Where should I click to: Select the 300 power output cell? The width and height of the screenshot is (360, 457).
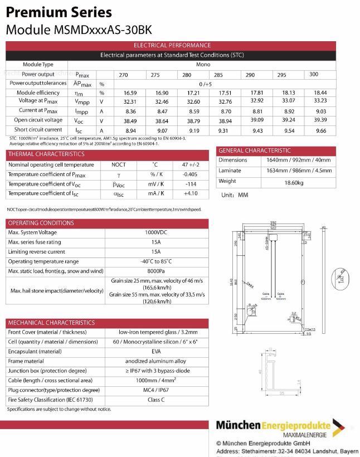click(314, 74)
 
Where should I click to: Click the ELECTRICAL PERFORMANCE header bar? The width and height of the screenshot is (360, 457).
click(172, 45)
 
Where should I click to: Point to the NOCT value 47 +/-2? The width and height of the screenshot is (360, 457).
click(190, 165)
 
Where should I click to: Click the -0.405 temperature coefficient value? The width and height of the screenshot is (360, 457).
click(190, 174)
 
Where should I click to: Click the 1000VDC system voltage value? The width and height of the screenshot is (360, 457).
click(157, 232)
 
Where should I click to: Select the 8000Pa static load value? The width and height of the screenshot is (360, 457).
click(157, 271)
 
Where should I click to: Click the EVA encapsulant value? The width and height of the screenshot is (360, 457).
click(157, 351)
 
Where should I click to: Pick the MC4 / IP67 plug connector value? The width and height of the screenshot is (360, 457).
click(157, 390)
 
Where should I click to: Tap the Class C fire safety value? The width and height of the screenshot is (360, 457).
click(157, 400)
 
